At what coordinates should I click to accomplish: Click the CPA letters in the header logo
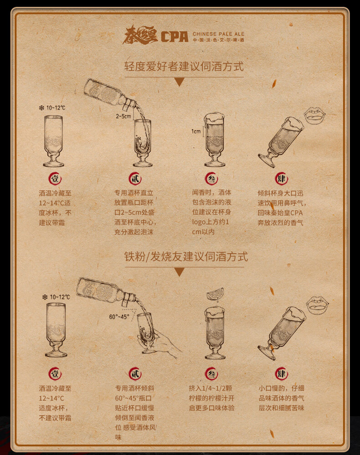(175, 37)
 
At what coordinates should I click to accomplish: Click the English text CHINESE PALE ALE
(219, 34)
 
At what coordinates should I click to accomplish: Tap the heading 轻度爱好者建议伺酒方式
(184, 66)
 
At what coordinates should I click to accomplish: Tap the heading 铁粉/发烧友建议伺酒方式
(186, 256)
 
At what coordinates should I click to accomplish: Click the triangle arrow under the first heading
(180, 82)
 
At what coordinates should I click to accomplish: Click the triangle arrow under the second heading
(180, 272)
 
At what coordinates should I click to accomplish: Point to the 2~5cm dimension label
(123, 116)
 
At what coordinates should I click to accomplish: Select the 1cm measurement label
(196, 132)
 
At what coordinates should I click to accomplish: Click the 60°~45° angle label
(119, 317)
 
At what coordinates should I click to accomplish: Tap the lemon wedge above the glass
(216, 294)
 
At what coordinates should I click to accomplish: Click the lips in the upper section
(315, 116)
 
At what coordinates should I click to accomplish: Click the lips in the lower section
(317, 305)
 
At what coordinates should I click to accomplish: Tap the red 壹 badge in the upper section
(55, 179)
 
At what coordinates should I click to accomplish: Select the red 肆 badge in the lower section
(281, 374)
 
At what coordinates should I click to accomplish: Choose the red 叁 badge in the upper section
(211, 179)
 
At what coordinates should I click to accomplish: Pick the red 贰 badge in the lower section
(135, 374)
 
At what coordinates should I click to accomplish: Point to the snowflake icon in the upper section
(41, 108)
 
